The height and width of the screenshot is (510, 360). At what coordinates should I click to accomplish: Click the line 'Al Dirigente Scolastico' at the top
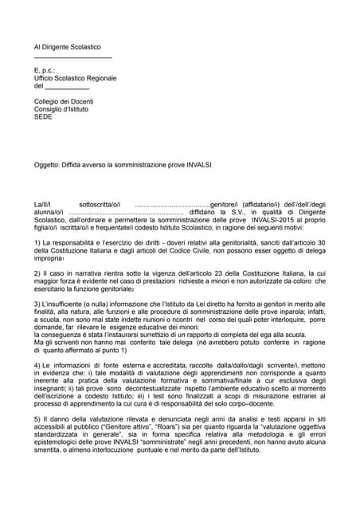68,49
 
